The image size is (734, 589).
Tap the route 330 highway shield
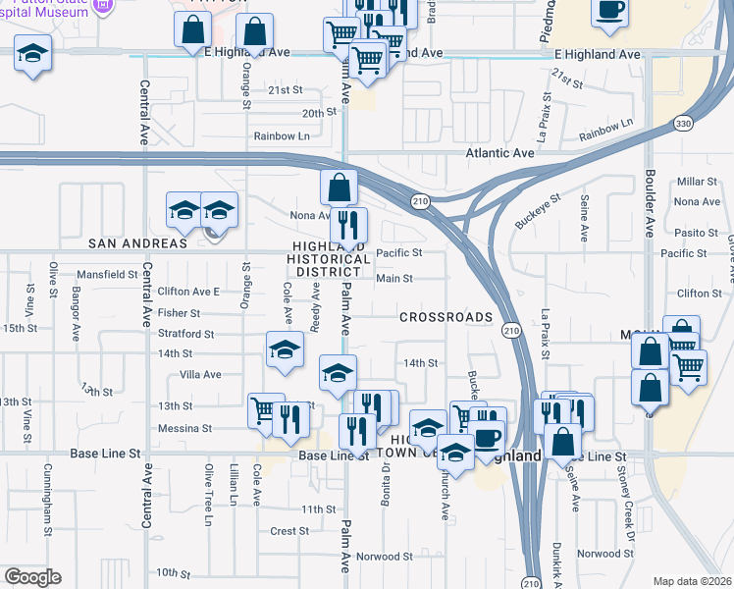click(x=684, y=123)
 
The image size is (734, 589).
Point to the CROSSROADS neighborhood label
click(x=446, y=317)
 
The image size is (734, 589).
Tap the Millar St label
click(x=698, y=183)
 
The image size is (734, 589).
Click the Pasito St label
click(x=698, y=233)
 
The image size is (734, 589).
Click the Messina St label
click(x=184, y=428)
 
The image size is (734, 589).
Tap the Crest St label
click(x=289, y=531)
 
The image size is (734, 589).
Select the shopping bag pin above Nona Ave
click(x=339, y=185)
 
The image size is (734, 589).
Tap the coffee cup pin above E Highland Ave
click(x=609, y=10)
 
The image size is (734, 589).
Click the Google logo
click(x=32, y=577)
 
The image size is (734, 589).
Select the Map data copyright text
click(x=692, y=581)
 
